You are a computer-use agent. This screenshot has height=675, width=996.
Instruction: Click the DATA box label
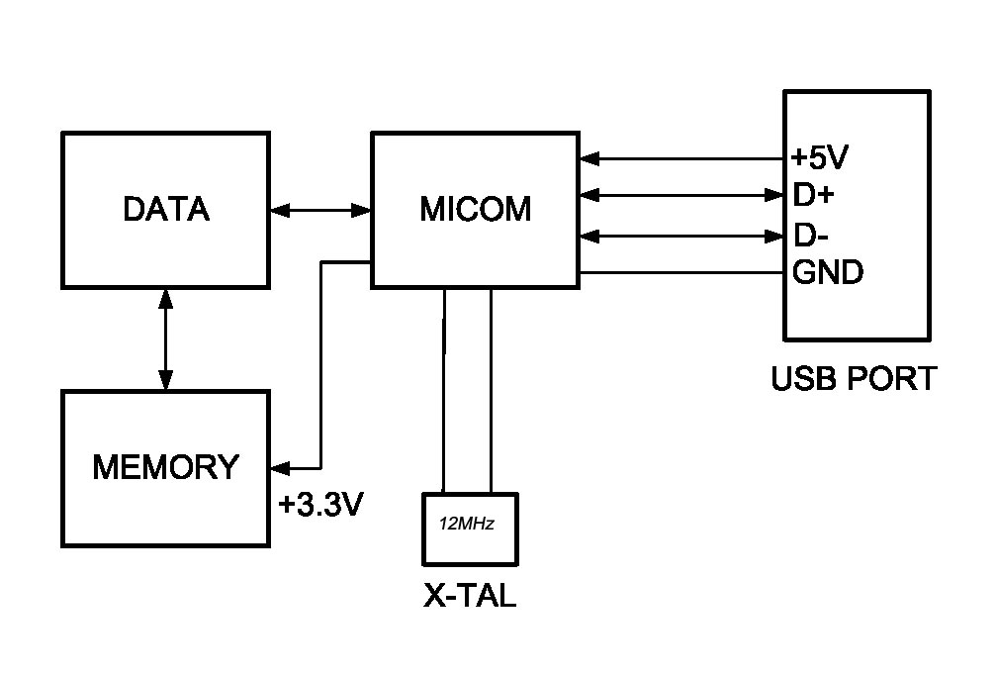(166, 210)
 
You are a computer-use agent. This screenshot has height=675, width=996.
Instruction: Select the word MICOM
(476, 210)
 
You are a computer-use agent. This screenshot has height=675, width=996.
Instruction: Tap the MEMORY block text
(166, 467)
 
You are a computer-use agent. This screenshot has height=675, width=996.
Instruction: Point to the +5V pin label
(822, 156)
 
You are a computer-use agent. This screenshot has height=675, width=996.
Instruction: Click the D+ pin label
(814, 195)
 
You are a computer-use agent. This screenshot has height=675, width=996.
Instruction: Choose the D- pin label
(812, 236)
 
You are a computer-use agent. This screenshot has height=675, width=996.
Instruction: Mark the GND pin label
(828, 272)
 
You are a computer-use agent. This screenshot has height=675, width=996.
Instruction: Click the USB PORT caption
(853, 378)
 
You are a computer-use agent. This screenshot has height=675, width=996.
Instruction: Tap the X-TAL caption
(470, 597)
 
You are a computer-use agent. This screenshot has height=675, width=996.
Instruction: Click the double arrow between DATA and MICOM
(319, 210)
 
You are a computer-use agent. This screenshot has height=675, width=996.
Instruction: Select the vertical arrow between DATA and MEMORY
(166, 338)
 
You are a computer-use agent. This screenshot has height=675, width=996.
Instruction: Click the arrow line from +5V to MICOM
(682, 156)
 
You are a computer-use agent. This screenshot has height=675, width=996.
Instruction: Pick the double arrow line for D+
(682, 195)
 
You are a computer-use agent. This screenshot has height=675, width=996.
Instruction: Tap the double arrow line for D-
(682, 236)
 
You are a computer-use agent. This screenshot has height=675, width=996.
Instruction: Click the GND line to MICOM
(682, 272)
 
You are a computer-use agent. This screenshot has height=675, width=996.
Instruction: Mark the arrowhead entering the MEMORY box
(278, 467)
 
